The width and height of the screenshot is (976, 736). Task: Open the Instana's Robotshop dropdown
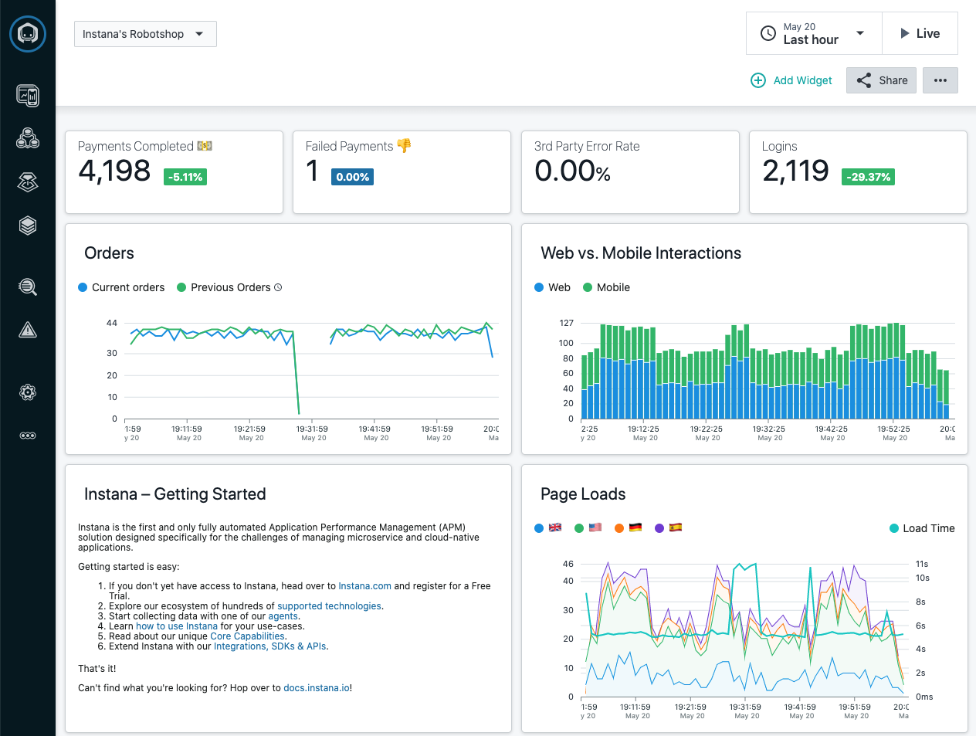coord(144,34)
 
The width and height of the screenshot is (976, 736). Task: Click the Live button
coord(920,33)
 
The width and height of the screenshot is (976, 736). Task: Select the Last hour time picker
coord(813,33)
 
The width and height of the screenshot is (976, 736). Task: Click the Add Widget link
coord(791,80)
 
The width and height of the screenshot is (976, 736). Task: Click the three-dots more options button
coord(940,80)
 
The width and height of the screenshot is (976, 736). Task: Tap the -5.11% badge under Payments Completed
coord(185,177)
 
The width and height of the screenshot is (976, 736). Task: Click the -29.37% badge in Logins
coord(868,177)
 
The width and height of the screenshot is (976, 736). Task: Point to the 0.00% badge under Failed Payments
coord(352,177)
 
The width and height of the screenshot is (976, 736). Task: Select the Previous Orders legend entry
coord(229,287)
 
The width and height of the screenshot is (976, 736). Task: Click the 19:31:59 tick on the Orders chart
coord(312,429)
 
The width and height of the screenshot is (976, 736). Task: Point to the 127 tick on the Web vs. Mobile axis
coord(566,323)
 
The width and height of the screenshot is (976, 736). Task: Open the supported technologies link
coord(329,606)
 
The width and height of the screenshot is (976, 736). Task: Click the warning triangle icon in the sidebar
coord(28,331)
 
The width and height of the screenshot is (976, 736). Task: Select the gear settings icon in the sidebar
coord(28,392)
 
